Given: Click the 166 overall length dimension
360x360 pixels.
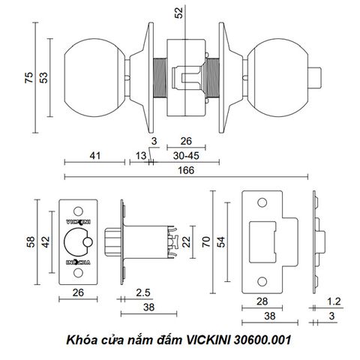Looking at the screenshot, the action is click(x=186, y=170).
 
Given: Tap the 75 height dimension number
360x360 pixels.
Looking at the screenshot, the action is click(x=29, y=77).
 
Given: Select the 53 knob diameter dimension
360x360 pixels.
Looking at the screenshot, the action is click(x=43, y=77).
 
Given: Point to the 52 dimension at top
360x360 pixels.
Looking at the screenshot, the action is click(x=179, y=13).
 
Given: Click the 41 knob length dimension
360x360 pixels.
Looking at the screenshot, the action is click(x=95, y=156).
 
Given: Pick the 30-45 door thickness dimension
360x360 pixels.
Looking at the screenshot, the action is click(x=186, y=156).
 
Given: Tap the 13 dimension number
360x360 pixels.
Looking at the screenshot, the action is click(x=141, y=156).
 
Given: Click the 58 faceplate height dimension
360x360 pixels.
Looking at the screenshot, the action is click(x=31, y=242).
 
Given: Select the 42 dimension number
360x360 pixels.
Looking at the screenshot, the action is click(x=46, y=242).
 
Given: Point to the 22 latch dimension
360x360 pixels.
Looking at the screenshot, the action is click(x=186, y=241).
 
